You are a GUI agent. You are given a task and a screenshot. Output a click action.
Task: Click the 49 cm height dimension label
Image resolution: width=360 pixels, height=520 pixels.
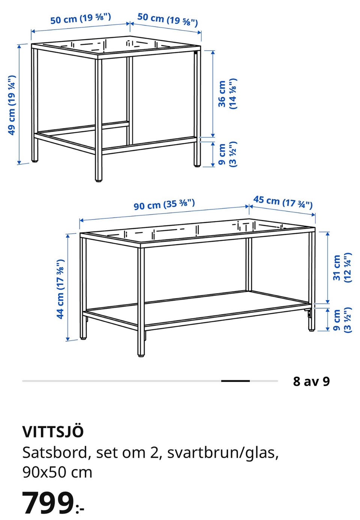12,105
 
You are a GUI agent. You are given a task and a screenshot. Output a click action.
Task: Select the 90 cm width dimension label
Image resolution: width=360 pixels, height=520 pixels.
164,204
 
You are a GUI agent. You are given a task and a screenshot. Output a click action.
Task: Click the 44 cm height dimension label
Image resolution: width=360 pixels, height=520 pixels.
60,289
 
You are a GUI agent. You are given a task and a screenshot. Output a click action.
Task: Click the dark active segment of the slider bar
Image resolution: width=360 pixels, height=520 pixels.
235,381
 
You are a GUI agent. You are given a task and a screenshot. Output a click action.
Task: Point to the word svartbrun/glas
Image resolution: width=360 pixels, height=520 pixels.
223,453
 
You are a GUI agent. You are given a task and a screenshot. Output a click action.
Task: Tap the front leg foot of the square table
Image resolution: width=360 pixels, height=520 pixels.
98,179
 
